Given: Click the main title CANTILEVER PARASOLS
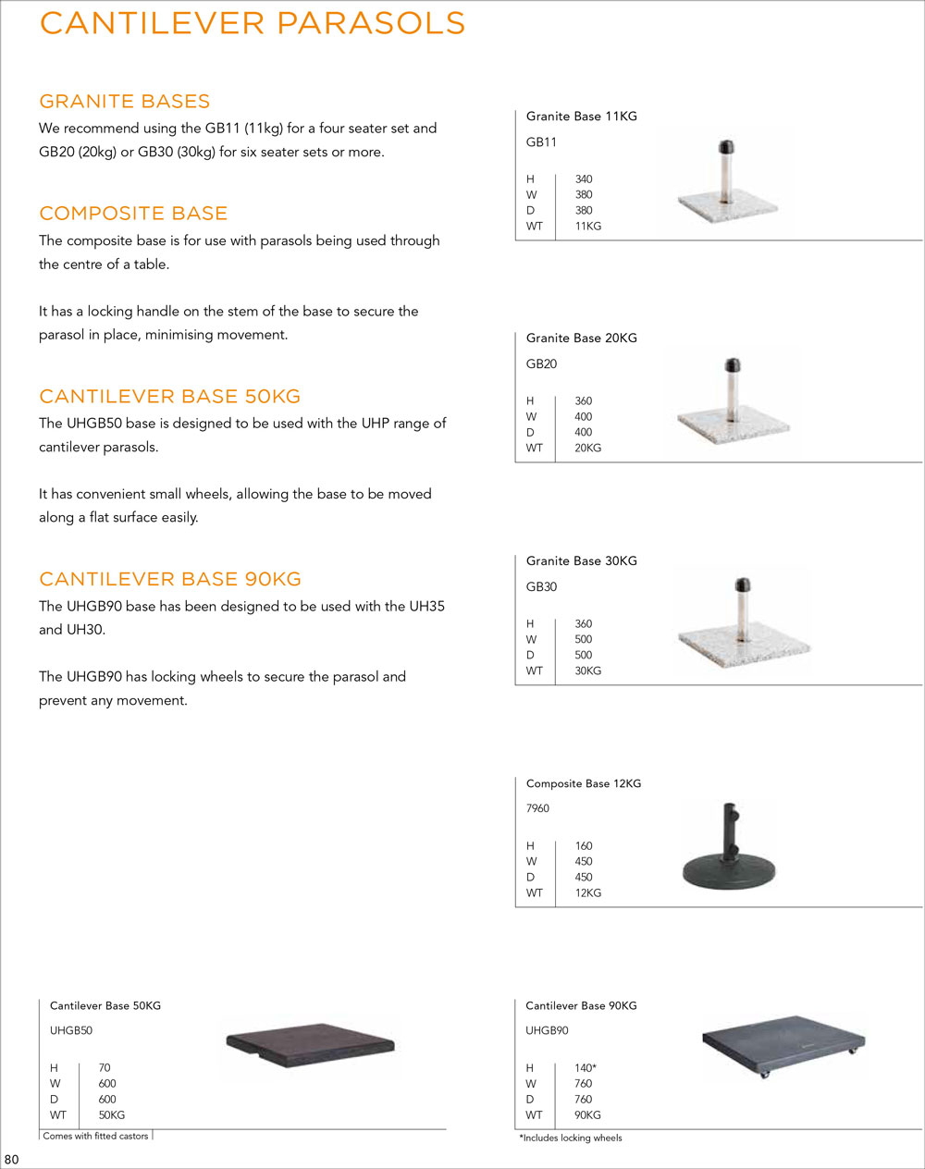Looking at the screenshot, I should click(x=253, y=23).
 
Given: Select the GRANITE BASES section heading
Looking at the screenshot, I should click(x=125, y=102).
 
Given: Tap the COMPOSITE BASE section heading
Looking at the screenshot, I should click(x=133, y=214).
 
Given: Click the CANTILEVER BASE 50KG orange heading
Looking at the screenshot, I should click(x=170, y=397).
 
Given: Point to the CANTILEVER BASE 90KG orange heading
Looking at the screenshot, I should click(x=170, y=580).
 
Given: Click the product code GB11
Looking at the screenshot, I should click(x=541, y=142).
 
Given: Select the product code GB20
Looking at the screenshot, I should click(x=541, y=364).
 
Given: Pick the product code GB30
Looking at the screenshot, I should click(x=541, y=587).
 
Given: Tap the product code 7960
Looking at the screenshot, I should click(x=537, y=809).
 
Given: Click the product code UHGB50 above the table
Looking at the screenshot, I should click(x=71, y=1031).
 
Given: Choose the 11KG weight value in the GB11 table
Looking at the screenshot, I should click(x=587, y=227).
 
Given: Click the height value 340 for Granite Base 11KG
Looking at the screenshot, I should click(x=584, y=179).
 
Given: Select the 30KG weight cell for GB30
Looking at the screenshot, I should click(x=587, y=671).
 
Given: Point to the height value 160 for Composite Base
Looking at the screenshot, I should click(x=584, y=846).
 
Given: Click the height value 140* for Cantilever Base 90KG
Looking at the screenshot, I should click(x=586, y=1068).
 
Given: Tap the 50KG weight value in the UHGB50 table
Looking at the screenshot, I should click(x=111, y=1115).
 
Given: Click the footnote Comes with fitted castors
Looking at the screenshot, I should click(x=95, y=1137).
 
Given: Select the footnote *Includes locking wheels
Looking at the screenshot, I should click(x=571, y=1138).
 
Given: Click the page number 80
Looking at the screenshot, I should click(x=12, y=1161).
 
